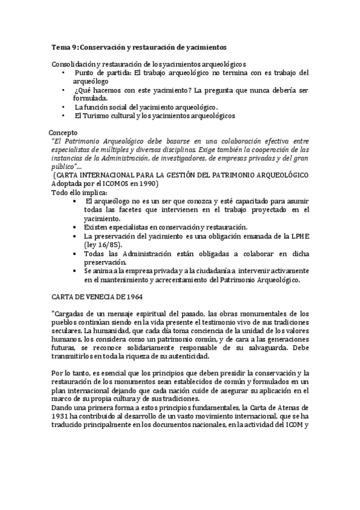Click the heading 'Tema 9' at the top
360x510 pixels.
(64, 46)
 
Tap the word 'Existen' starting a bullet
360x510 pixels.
(98, 227)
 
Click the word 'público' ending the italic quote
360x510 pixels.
(62, 166)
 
